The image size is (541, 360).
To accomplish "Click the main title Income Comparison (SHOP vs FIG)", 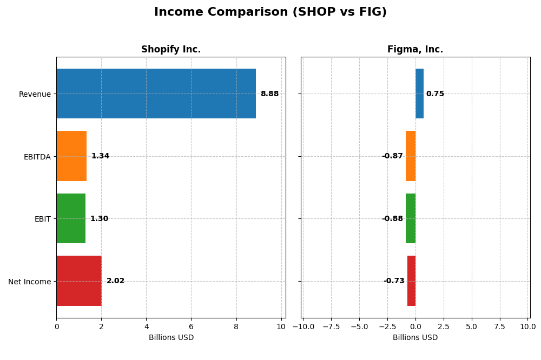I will point(270,12).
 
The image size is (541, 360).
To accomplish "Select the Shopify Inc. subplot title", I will point(171,49).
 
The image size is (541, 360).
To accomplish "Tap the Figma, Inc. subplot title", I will point(415,49).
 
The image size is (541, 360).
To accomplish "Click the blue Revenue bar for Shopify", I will point(156,94).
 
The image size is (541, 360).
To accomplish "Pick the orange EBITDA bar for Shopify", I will point(71,156).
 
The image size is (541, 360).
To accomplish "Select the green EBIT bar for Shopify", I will point(71,218).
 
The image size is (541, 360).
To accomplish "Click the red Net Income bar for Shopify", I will point(79,281).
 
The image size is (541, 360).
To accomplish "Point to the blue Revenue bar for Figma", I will point(419,94).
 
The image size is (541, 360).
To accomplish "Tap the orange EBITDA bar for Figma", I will point(411,156).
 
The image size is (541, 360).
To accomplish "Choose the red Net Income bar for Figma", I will point(411,281).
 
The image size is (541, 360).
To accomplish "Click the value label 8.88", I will point(269,94).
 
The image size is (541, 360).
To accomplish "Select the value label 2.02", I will point(115,281).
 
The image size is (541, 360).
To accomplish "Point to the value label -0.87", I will point(392,156).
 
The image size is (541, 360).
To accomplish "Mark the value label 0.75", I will point(435,94).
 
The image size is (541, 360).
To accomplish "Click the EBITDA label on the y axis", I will point(37,157).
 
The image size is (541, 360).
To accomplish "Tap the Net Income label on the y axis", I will point(29,282).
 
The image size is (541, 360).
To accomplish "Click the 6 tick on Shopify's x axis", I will point(191,326).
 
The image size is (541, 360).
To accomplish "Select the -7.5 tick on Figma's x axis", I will point(331,326).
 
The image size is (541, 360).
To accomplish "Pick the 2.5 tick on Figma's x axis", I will point(444,326).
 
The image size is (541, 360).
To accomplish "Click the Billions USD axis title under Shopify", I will point(171,337).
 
